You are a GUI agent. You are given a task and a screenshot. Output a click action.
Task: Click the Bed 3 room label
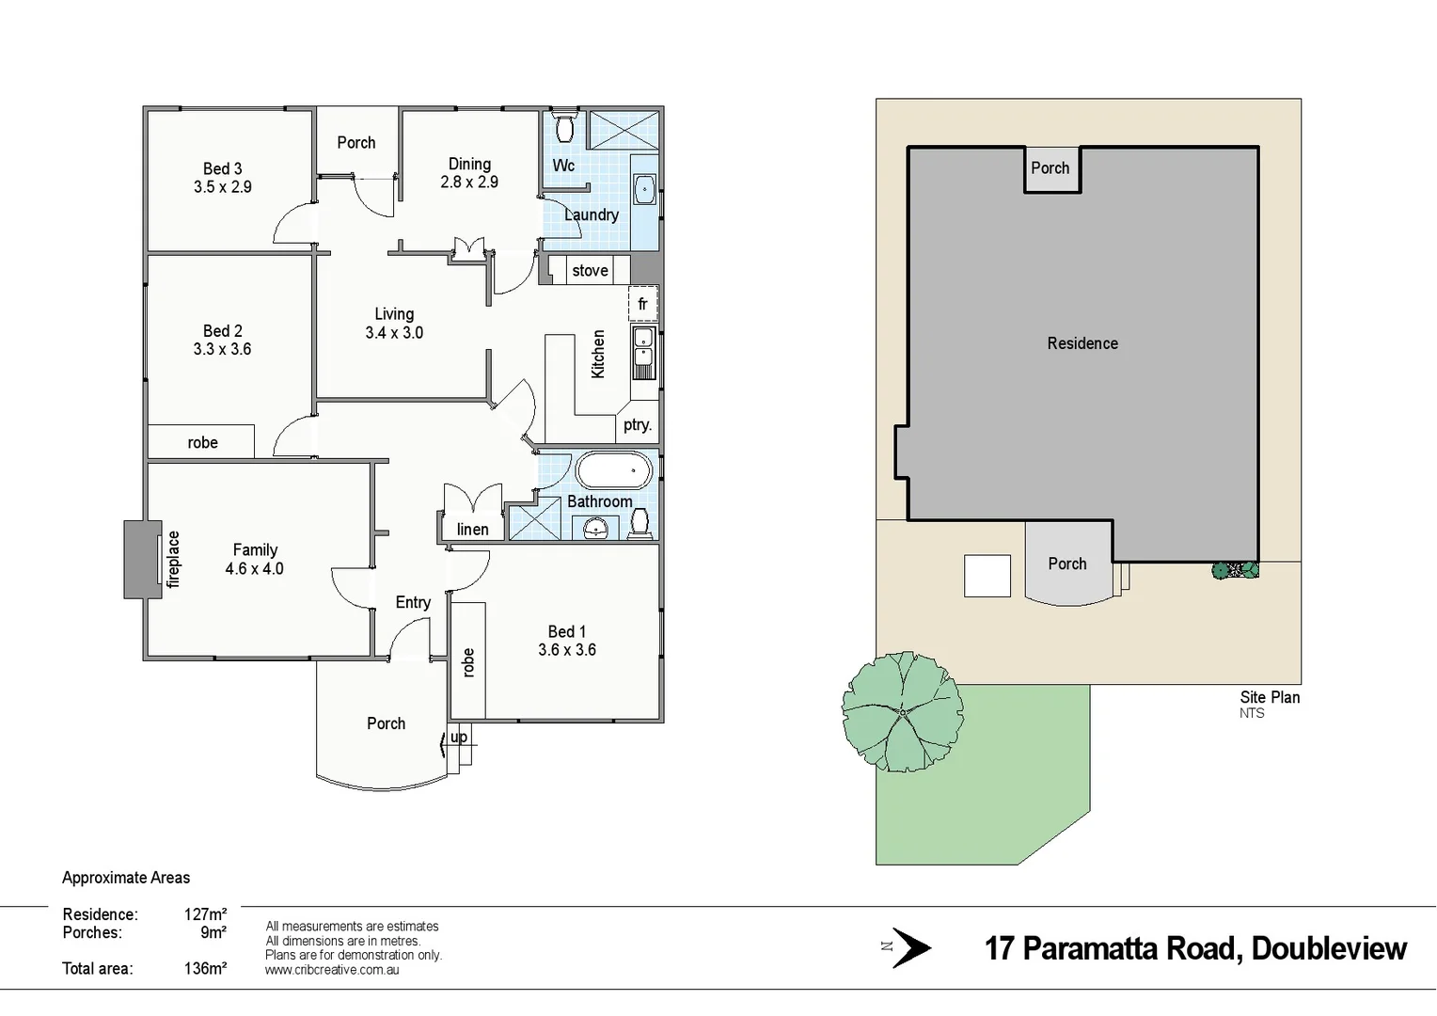223,169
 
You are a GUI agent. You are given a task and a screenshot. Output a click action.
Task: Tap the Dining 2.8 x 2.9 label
469,173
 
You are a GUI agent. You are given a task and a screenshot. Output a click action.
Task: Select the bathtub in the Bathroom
613,470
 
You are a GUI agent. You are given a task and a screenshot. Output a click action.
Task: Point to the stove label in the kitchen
590,271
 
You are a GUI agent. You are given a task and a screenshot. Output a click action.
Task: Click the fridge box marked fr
642,304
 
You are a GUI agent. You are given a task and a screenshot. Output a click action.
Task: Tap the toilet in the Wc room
565,128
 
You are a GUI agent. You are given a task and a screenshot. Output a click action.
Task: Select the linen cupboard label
472,530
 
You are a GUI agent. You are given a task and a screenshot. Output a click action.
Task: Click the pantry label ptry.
637,425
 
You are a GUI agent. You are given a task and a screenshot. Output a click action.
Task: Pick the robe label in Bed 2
202,442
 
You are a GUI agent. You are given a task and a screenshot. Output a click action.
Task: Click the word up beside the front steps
458,737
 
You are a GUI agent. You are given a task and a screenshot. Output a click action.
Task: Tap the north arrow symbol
910,947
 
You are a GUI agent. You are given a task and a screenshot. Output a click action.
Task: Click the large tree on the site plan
902,712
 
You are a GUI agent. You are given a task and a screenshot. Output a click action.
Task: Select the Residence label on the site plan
1082,343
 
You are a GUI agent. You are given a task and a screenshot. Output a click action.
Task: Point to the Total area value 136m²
205,968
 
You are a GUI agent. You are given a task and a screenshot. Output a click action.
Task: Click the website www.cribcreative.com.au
332,970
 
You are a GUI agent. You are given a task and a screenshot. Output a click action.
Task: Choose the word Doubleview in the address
1328,948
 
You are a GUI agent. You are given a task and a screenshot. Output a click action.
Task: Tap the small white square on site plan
987,576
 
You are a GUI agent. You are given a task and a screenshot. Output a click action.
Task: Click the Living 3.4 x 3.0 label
394,323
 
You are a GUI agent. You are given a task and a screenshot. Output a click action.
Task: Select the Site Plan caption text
1269,697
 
